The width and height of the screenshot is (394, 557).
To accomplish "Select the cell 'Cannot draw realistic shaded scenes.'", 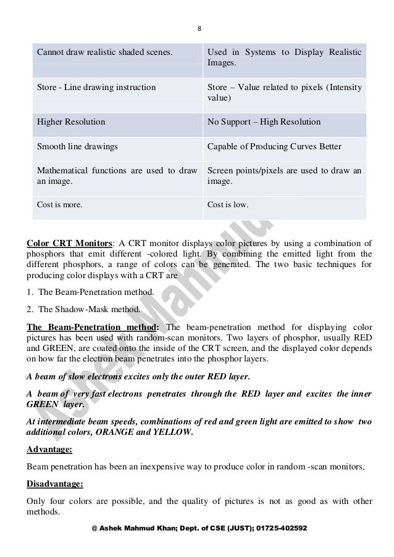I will [x=104, y=52].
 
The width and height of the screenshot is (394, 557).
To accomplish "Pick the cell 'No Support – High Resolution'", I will [x=264, y=122].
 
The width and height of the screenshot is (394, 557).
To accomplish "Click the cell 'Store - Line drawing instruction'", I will [x=96, y=88].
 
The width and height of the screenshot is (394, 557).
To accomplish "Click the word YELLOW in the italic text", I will [x=173, y=432].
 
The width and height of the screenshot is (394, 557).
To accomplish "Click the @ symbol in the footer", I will [x=94, y=529].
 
